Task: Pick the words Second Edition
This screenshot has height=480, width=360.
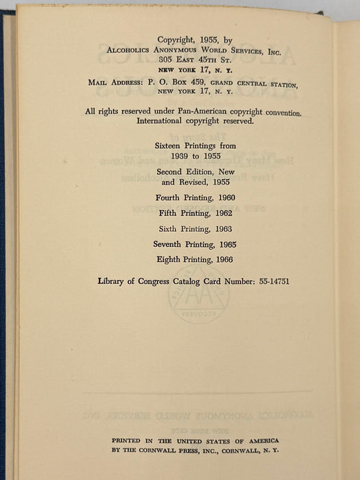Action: [x=184, y=172]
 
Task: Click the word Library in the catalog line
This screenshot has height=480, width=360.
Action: [x=114, y=281]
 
